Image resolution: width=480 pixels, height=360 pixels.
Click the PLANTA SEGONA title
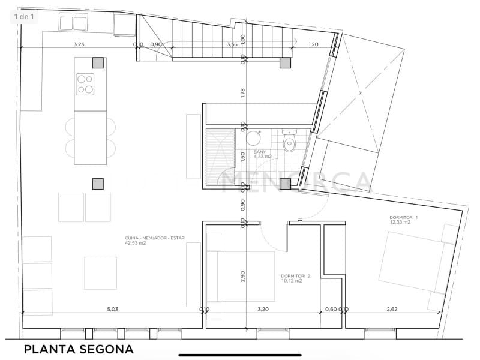pos(78,349)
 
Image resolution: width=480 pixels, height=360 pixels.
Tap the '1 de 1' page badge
pos(25,16)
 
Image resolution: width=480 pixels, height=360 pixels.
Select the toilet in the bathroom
pos(290,143)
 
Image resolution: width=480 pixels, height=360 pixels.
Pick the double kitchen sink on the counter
pos(74,23)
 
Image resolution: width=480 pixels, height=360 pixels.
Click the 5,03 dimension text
pos(112,310)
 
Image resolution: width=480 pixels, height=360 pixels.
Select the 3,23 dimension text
pos(79,44)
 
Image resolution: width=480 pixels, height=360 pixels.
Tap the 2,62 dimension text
pos(392,310)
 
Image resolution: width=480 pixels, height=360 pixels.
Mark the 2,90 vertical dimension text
pos(242,276)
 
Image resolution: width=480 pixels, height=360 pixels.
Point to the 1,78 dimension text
pos(242,93)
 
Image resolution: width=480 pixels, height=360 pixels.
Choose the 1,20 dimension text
pos(313,44)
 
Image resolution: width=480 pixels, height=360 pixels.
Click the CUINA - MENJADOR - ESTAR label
pos(151,241)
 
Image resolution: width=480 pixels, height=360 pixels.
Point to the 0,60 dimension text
pos(331,310)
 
